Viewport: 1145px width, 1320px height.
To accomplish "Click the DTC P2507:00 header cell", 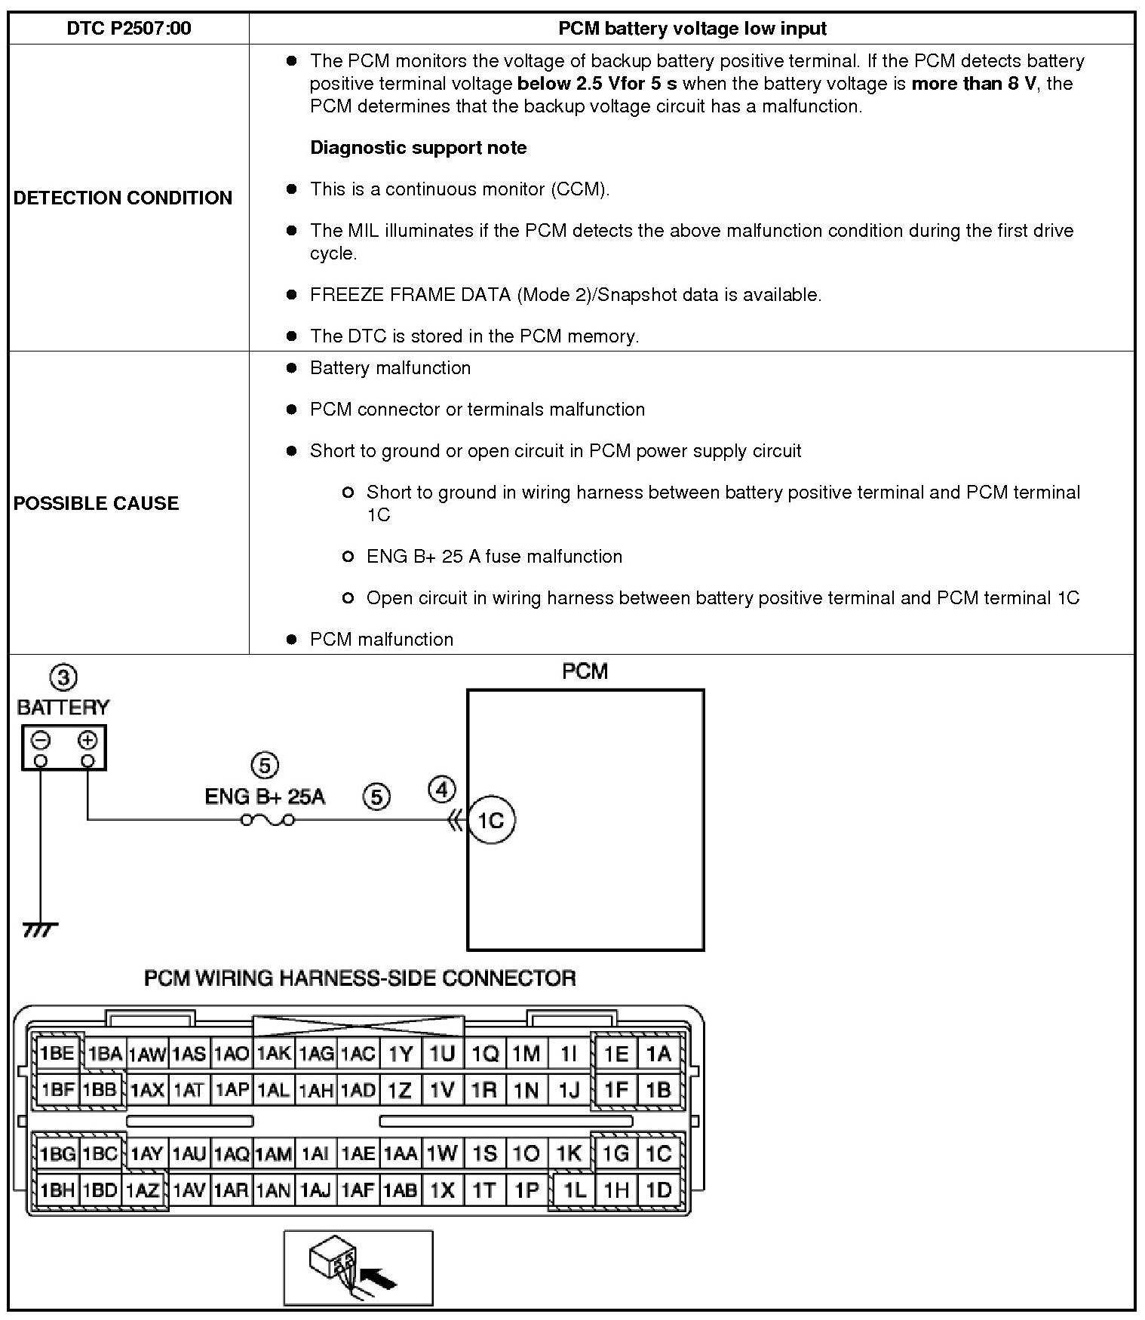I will click(x=129, y=29).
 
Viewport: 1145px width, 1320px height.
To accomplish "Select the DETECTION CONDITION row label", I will click(x=123, y=198).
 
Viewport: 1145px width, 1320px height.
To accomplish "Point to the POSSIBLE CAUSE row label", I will click(x=96, y=503).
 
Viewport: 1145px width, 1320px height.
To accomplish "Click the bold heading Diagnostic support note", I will click(x=418, y=147).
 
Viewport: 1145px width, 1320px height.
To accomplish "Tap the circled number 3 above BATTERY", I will click(x=63, y=677).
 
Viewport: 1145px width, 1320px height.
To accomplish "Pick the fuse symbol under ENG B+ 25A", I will click(x=267, y=820).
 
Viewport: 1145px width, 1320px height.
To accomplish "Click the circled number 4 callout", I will click(x=442, y=790).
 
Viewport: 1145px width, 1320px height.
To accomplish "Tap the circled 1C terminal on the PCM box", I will click(x=491, y=820).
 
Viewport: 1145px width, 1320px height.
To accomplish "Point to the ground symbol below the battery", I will click(x=40, y=930).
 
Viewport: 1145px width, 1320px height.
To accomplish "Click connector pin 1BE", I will click(x=57, y=1054).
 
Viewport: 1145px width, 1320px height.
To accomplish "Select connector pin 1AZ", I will click(x=143, y=1190).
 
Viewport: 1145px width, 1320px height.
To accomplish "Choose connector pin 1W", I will click(x=442, y=1153).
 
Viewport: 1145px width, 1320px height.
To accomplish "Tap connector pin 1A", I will click(x=658, y=1054).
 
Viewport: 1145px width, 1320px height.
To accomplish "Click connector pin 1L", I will click(x=574, y=1190).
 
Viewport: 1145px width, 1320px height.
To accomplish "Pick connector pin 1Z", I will click(x=400, y=1090).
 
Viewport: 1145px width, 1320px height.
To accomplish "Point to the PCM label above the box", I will click(x=585, y=671).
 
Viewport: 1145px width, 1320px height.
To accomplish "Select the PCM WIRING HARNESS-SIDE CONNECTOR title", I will click(x=360, y=978).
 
